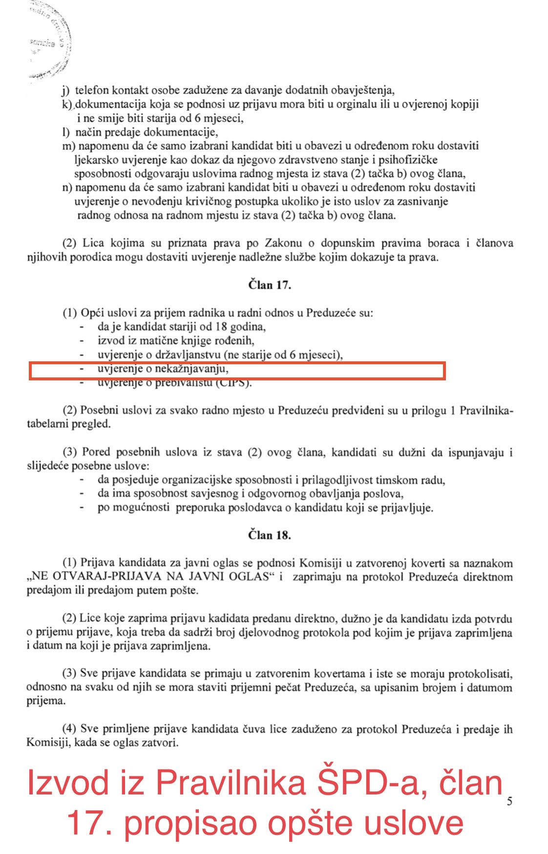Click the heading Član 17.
point(269,285)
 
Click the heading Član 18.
point(269,535)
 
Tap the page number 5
point(509,801)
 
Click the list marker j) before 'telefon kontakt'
point(66,90)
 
